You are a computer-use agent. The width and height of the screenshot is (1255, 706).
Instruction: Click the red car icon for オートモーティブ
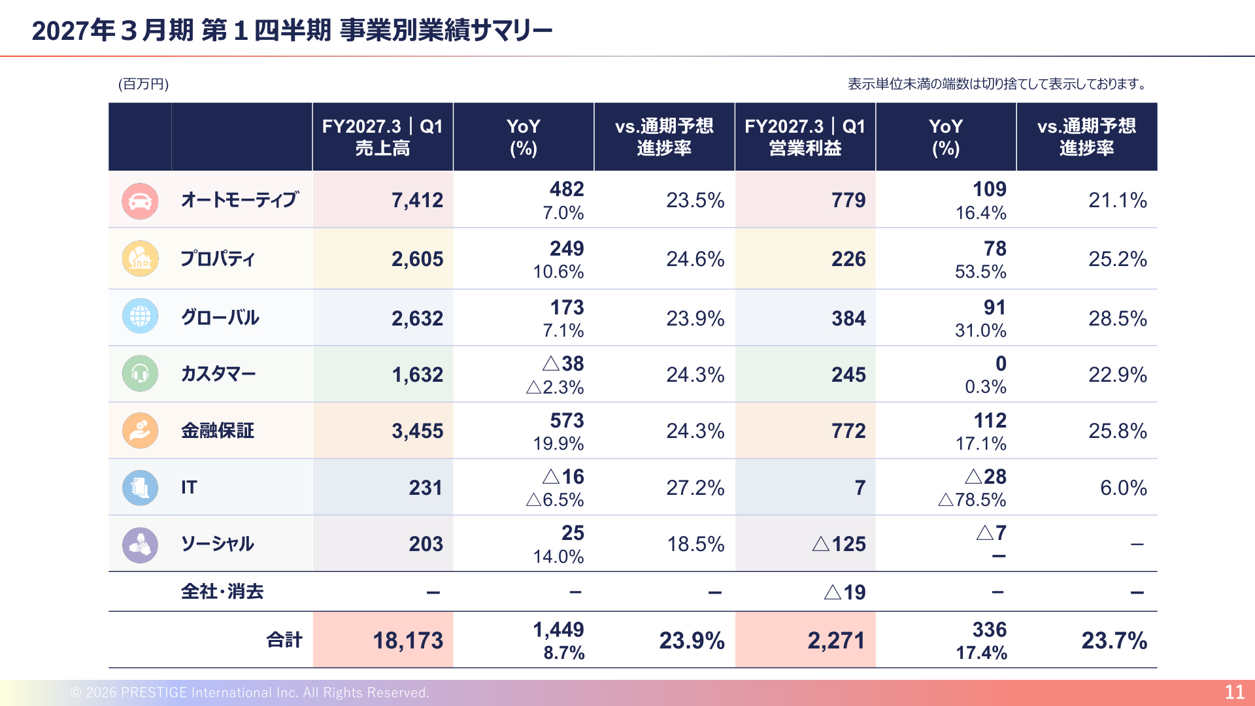pos(140,201)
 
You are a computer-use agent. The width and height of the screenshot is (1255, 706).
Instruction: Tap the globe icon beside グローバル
pos(140,316)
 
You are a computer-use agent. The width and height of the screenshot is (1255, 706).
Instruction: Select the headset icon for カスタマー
pos(140,373)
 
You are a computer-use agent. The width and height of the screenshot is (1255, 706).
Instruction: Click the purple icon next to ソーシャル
pos(140,545)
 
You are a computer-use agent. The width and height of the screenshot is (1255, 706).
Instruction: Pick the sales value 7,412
pos(417,200)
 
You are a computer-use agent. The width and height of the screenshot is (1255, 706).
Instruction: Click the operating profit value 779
pos(848,200)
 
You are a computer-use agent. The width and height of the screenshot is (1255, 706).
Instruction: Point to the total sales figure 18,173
pos(408,641)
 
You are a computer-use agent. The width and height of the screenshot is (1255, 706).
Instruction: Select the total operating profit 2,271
pos(836,641)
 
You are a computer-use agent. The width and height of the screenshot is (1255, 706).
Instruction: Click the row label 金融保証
pos(218,430)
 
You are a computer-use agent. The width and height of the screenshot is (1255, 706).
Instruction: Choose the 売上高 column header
pos(382,148)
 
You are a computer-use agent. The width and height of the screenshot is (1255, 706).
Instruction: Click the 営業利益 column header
pos(805,148)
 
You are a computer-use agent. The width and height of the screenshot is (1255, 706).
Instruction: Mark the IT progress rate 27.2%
pos(695,488)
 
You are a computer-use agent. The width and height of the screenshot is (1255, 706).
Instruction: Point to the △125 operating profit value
pos(839,544)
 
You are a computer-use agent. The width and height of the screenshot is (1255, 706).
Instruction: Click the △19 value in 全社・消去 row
pos(845,592)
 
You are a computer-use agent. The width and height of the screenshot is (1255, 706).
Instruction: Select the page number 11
pos(1234,692)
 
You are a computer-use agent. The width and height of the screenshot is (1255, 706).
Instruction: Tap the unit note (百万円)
pos(144,84)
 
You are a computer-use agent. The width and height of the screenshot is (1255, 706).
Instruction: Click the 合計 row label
pos(284,640)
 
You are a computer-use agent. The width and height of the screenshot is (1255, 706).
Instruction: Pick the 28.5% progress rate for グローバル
pos(1118,318)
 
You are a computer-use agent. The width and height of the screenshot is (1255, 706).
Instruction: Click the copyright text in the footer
pos(250,692)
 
